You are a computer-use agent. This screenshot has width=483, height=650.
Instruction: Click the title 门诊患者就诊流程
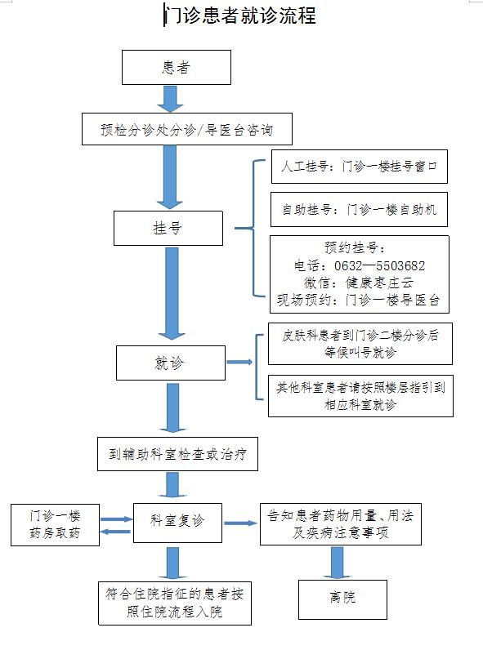point(240,16)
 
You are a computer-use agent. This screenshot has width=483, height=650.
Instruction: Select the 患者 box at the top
point(177,68)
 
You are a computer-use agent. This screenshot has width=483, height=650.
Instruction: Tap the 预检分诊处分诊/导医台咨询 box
point(187,129)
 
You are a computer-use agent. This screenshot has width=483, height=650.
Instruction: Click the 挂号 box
point(168,228)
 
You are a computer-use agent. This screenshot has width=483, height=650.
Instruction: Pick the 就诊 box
point(171,363)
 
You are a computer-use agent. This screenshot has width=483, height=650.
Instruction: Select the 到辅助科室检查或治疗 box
point(177,454)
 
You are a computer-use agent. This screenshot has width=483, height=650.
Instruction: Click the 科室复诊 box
point(177,523)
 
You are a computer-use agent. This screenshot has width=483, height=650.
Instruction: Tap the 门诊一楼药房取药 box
point(56,525)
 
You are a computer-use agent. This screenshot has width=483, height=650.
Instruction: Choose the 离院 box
point(342,599)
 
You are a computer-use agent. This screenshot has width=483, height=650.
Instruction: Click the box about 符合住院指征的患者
point(175,603)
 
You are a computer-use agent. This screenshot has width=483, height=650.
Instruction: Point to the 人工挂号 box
point(360,167)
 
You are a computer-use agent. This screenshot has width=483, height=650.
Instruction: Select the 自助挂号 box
point(359,209)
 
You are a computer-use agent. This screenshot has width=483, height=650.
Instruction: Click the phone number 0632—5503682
point(380,265)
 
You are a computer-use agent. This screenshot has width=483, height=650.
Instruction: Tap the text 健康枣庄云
point(380,283)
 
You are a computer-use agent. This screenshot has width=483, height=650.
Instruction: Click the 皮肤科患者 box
point(360,344)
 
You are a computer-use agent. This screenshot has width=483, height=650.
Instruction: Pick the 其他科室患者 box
point(360,396)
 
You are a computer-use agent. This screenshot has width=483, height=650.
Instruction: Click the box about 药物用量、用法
point(341,524)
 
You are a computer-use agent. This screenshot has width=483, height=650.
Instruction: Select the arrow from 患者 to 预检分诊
point(170,99)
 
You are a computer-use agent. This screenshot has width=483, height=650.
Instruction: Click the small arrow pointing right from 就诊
point(239,362)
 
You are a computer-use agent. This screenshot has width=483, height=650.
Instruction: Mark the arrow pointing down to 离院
point(337,563)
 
